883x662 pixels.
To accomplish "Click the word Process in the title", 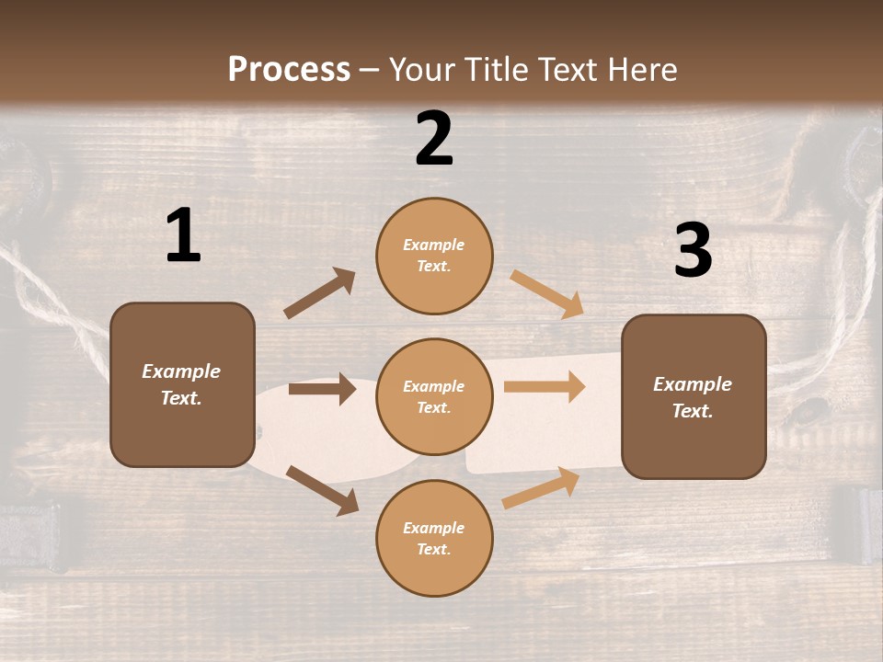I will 289,70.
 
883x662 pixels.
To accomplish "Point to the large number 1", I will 183,236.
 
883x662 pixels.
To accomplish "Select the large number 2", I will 434,139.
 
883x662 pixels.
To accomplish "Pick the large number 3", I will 693,251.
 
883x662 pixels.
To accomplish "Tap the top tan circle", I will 434,256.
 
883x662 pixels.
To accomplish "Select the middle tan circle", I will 434,396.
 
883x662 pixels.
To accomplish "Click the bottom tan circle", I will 434,538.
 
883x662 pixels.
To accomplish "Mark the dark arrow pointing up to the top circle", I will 320,293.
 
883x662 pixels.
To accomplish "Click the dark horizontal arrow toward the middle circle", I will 322,389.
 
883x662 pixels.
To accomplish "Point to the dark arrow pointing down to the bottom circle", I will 322,489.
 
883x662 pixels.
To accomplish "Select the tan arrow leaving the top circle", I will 547,293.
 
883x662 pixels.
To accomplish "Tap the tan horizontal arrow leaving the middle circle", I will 545,387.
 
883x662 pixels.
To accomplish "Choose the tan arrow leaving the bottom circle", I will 541,487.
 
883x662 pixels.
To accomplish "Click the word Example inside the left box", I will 181,371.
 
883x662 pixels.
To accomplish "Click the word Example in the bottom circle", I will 434,528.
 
